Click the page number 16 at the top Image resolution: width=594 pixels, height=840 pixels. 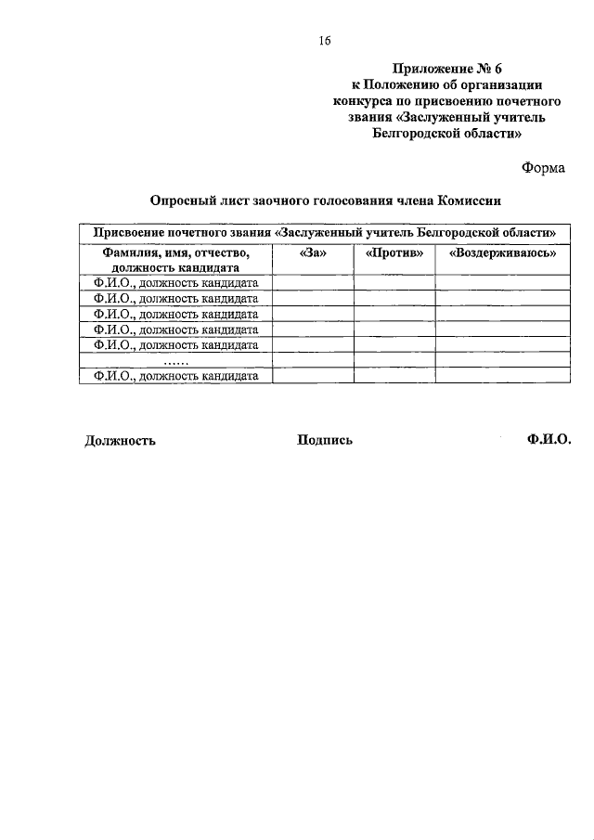pos(324,40)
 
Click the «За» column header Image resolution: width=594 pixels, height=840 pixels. pos(313,252)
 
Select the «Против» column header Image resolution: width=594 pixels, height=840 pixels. pos(394,252)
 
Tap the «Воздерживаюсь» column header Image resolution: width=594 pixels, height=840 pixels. pos(502,252)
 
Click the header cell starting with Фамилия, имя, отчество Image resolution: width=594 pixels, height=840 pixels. pos(175,259)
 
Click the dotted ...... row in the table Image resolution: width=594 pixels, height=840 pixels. pos(175,361)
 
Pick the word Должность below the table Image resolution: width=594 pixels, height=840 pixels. pos(120,441)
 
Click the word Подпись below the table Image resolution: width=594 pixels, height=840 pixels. pos(325,440)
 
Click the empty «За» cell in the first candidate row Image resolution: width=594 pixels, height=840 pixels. pos(313,282)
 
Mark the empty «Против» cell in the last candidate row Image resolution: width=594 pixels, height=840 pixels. pos(394,376)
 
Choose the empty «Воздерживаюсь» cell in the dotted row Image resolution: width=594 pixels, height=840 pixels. pos(502,361)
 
